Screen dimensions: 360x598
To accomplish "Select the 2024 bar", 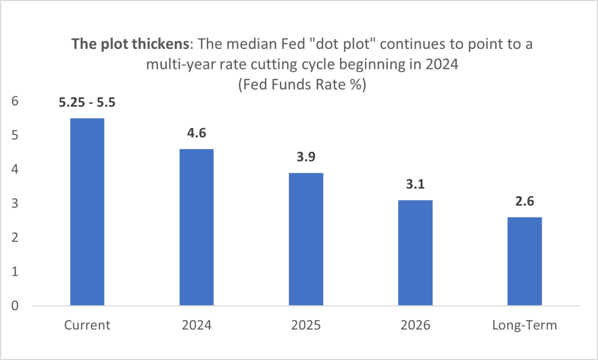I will coord(196,227).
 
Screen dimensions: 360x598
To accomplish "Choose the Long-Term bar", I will coord(525,261).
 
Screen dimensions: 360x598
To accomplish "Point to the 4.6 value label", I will coord(196,133).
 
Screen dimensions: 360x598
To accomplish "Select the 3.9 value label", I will coord(306,157).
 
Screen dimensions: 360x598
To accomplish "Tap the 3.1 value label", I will coord(415,184).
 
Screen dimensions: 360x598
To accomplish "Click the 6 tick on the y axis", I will coord(15,101).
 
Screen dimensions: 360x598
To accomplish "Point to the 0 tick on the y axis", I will coord(15,305).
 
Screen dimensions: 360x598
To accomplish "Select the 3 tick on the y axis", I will coord(15,203).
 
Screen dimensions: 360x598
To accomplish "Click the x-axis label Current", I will coord(87,325).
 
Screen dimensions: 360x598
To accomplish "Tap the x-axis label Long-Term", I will coord(525,325).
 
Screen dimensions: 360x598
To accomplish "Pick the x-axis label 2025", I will coord(306,325).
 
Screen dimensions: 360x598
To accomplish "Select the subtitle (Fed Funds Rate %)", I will coord(302,84).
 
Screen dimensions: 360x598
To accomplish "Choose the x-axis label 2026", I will coord(415,325).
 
